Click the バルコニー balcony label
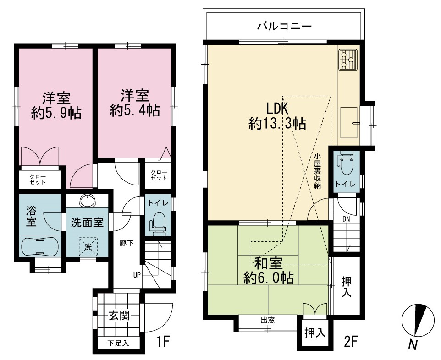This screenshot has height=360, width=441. point(285,27)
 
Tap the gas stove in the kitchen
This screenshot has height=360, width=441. point(348,59)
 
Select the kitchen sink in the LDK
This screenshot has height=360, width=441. point(349,123)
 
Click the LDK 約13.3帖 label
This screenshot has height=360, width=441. point(277,115)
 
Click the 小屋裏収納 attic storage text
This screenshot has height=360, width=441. point(317,170)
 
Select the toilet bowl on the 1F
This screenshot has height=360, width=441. point(158,224)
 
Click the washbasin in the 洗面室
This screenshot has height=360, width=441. point(88,201)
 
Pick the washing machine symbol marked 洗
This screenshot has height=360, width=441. point(88,247)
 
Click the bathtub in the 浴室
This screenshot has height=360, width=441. point(39,246)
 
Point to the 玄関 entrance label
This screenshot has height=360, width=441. point(119,316)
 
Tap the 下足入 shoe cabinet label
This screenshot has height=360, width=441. point(118,343)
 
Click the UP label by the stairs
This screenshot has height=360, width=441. point(137,275)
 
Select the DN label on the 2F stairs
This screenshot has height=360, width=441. point(346,219)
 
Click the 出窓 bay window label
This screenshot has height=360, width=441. point(267,320)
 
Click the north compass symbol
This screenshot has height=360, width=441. point(418,320)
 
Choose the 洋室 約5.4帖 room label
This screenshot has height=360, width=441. point(135,103)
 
